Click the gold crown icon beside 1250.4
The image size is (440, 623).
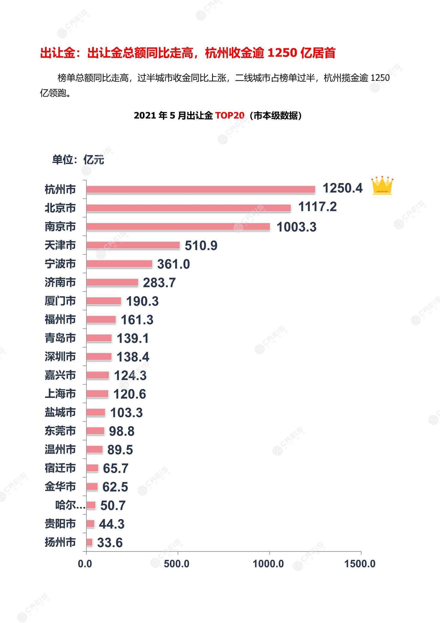pos(382,186)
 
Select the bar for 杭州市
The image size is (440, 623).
pos(201,190)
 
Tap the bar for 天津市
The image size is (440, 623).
pos(133,245)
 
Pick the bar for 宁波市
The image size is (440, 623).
pos(119,264)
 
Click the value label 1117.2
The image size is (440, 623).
pos(317,207)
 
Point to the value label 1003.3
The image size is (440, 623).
pos(296,227)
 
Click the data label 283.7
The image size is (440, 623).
pos(159,282)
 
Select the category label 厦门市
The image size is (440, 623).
pos(60,301)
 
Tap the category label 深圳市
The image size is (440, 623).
pos(60,357)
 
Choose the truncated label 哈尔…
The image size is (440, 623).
pos(70,505)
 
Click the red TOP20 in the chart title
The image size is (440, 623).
pos(230,115)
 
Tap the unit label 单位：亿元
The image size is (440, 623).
pos(78,160)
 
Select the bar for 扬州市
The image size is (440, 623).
pos(89,542)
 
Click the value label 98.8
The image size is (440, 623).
pos(122,431)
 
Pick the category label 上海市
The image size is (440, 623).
pos(60,394)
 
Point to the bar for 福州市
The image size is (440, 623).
pos(101,319)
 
